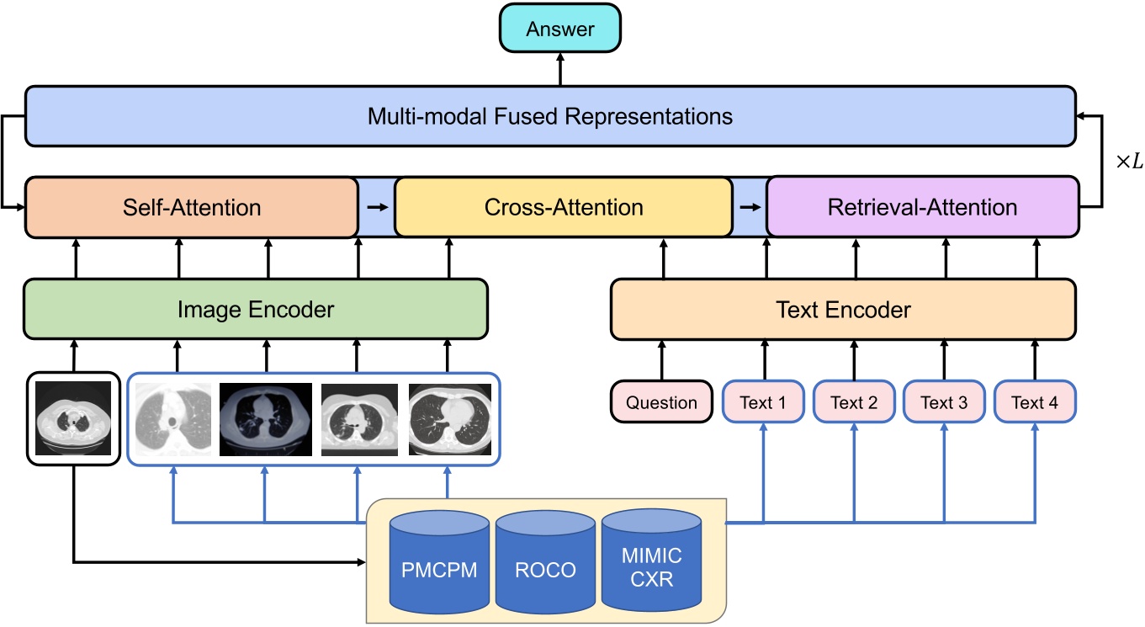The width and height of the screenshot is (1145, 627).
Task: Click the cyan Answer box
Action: click(559, 29)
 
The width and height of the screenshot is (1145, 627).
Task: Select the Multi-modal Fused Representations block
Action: click(550, 115)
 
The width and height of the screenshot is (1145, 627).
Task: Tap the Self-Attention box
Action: click(192, 207)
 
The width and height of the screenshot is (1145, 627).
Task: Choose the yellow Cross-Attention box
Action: click(563, 207)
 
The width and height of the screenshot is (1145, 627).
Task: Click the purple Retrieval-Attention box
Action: click(922, 207)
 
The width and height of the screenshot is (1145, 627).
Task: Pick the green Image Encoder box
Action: click(256, 310)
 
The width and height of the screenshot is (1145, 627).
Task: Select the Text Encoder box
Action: click(843, 310)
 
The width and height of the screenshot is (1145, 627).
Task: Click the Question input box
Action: click(661, 402)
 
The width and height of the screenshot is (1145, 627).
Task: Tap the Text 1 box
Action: click(763, 402)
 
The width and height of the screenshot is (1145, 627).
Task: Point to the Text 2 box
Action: click(854, 402)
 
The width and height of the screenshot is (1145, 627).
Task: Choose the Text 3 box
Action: click(944, 402)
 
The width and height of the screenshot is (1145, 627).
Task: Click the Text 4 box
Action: click(1035, 402)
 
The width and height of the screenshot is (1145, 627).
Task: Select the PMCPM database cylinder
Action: click(439, 564)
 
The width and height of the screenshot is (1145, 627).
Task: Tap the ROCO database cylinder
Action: click(545, 564)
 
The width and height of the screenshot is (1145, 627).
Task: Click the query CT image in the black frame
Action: click(74, 418)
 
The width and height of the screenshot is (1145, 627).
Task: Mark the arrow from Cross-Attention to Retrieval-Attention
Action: click(750, 207)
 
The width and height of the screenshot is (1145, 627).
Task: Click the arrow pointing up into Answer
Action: click(559, 69)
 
